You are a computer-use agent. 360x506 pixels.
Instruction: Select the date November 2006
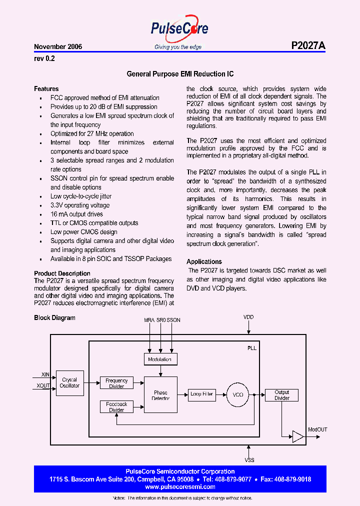click(x=58, y=46)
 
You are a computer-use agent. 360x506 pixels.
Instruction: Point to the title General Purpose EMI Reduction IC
click(x=180, y=74)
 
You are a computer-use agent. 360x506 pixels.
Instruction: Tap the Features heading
click(x=46, y=88)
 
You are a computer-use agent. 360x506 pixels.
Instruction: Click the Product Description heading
click(x=62, y=273)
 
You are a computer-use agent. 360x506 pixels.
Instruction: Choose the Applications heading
click(x=204, y=261)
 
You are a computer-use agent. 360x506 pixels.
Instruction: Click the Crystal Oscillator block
click(x=69, y=383)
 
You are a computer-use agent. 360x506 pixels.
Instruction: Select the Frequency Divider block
click(x=116, y=383)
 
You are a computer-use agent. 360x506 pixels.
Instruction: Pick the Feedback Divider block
click(x=116, y=406)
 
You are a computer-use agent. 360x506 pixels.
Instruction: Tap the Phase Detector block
click(x=160, y=395)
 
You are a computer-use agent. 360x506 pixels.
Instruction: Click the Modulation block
click(x=160, y=359)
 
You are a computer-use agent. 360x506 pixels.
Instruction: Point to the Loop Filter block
click(x=202, y=394)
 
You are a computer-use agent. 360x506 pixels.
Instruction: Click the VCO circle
click(x=238, y=394)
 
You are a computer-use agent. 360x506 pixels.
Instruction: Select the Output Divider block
click(x=281, y=395)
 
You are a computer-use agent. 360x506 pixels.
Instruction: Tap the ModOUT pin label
click(x=317, y=429)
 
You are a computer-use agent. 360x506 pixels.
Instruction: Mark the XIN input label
click(x=45, y=374)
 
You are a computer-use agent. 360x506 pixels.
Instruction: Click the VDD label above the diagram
click(x=248, y=317)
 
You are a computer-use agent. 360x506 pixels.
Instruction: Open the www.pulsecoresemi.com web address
click(x=180, y=486)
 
